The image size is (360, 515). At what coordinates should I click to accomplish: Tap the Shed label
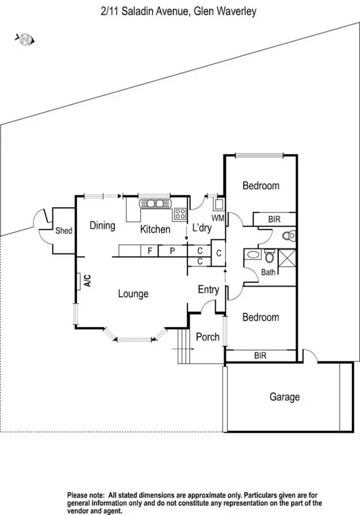pyautogui.click(x=64, y=230)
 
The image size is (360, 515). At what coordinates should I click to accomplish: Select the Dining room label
pyautogui.click(x=102, y=225)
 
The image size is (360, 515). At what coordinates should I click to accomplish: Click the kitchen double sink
pyautogui.click(x=155, y=204)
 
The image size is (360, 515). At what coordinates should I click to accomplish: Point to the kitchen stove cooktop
pyautogui.click(x=180, y=214)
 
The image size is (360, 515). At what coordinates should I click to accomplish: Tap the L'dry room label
pyautogui.click(x=202, y=228)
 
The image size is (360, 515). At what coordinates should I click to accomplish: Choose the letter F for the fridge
pyautogui.click(x=150, y=250)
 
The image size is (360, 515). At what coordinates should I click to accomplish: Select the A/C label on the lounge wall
pyautogui.click(x=87, y=281)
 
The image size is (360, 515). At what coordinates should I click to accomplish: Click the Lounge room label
pyautogui.click(x=133, y=294)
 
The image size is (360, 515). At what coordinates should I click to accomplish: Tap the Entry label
pyautogui.click(x=208, y=289)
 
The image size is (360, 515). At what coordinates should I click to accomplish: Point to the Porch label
pyautogui.click(x=208, y=337)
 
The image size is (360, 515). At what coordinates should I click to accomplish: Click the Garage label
pyautogui.click(x=285, y=397)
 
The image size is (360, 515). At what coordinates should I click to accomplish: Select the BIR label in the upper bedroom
pyautogui.click(x=274, y=219)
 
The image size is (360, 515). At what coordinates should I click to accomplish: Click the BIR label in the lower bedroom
pyautogui.click(x=261, y=356)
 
